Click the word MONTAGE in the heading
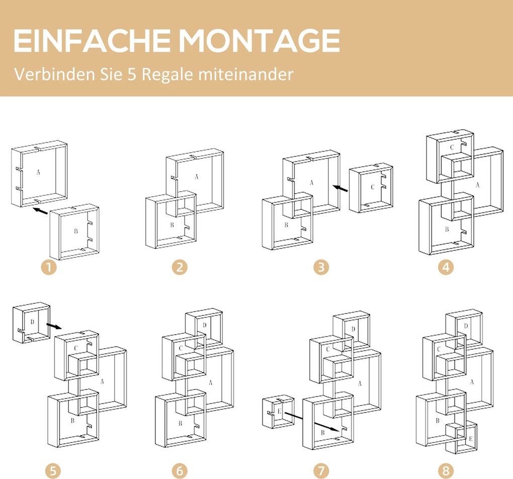tap(260, 41)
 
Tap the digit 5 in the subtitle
tap(132, 74)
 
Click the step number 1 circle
tap(49, 267)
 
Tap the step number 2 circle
tap(180, 267)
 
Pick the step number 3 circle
tap(321, 267)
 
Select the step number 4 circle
tap(446, 267)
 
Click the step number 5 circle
tap(53, 471)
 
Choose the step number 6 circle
tap(180, 471)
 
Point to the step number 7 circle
tap(321, 471)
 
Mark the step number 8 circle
tap(446, 471)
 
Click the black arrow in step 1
tap(41, 211)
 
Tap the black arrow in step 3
tap(340, 188)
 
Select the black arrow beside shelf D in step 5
tap(54, 326)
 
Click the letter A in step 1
tap(38, 172)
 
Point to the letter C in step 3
tap(372, 187)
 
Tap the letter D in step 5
tap(32, 322)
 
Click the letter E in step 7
tap(279, 411)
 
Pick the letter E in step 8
tap(470, 439)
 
